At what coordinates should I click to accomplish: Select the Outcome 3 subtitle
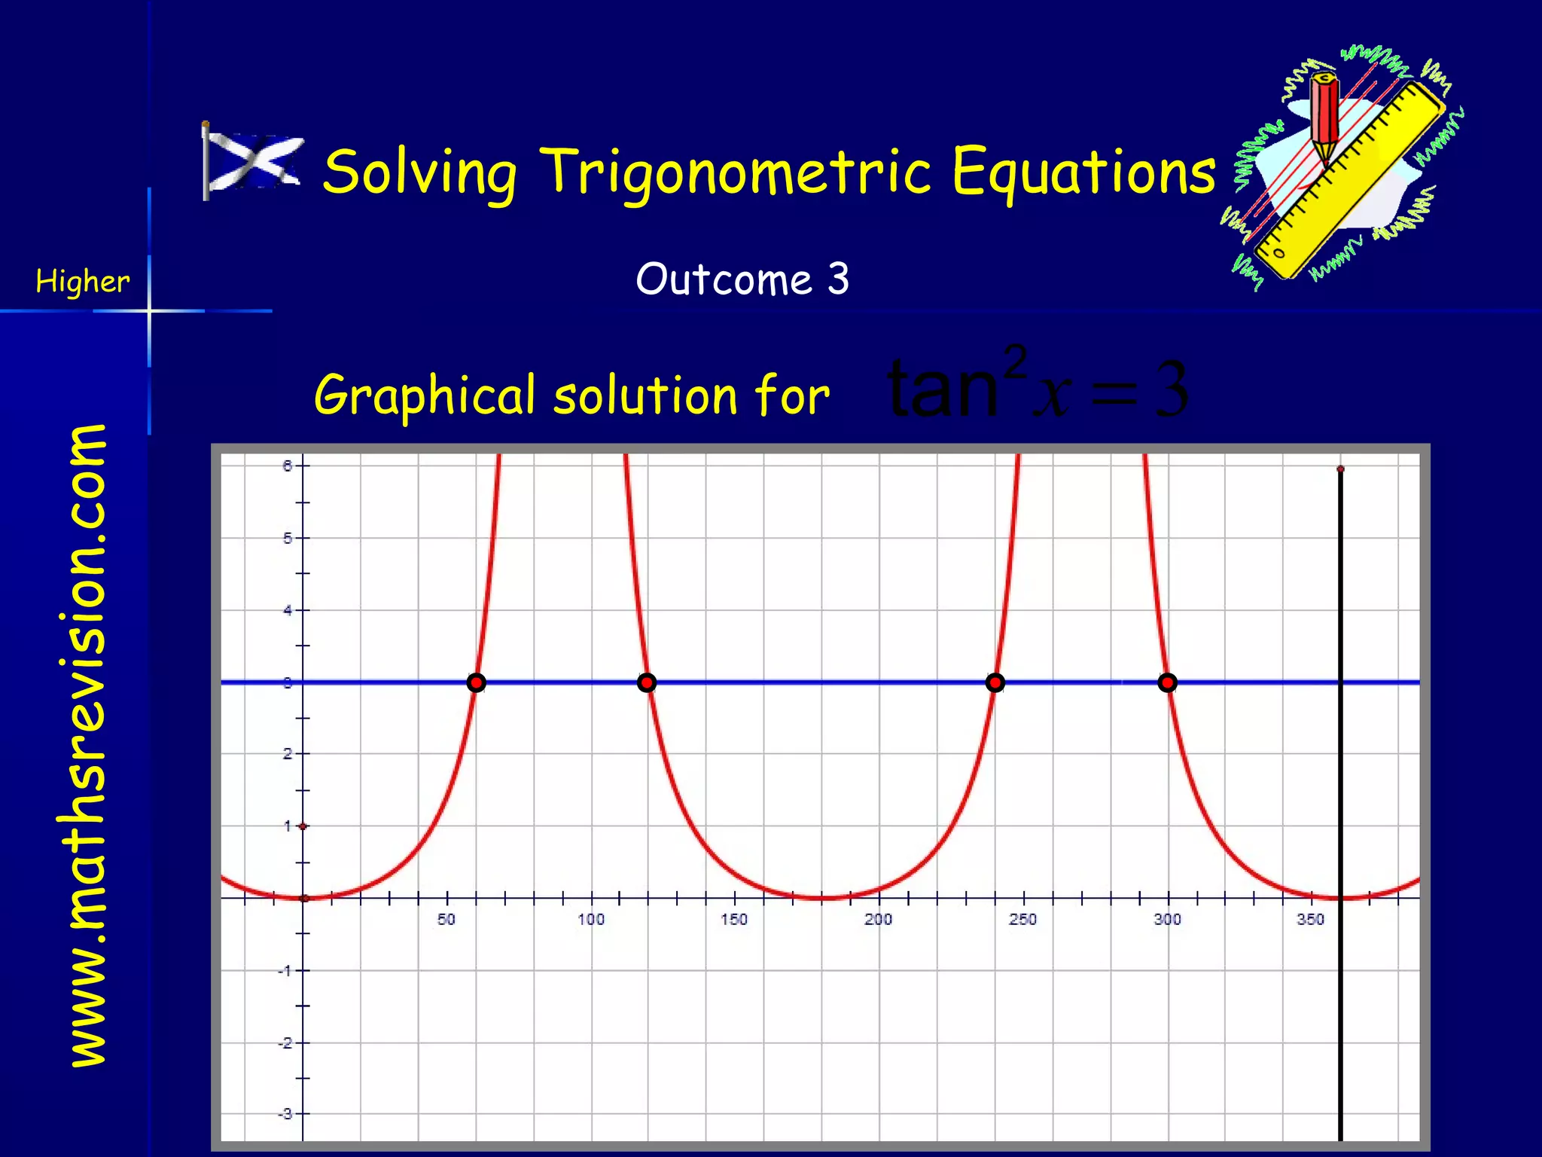coord(742,279)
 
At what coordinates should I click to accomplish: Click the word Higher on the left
coord(82,282)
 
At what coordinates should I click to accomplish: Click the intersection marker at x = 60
coord(476,682)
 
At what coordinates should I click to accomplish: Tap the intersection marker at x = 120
coord(647,682)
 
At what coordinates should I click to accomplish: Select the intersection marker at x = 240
coord(995,682)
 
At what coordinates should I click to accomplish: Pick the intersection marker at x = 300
coord(1167,682)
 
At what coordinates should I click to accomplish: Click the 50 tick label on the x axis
coord(446,919)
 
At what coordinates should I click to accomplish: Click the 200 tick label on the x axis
coord(878,919)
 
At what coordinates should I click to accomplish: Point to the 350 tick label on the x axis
coord(1310,919)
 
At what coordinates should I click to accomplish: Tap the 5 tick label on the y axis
coord(287,539)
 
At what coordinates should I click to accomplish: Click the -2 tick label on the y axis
coord(285,1043)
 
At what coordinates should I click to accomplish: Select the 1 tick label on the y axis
coord(287,826)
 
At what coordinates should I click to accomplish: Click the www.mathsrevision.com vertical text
coord(88,746)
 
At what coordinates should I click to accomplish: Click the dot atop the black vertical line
coord(1340,469)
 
